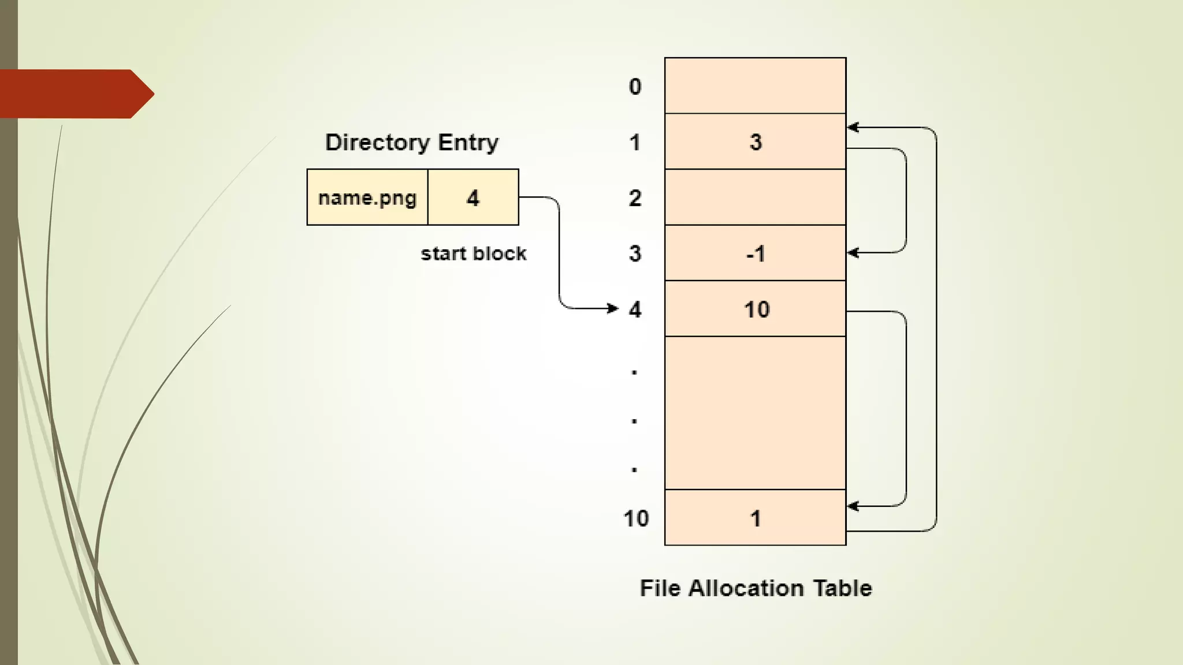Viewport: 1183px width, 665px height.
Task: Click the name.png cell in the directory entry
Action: point(367,197)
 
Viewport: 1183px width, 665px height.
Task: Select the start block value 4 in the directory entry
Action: point(473,197)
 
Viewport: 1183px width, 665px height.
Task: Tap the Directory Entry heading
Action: point(411,142)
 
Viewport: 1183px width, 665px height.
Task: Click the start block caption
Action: point(473,253)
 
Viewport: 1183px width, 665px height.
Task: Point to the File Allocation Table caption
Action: point(756,588)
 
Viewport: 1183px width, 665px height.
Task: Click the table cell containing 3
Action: point(755,141)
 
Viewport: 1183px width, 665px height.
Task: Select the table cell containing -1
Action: point(755,253)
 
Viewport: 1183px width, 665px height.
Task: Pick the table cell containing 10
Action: point(755,309)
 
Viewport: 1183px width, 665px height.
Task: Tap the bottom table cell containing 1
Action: point(755,518)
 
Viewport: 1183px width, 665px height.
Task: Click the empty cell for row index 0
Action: point(755,85)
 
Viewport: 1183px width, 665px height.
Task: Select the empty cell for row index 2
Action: point(755,197)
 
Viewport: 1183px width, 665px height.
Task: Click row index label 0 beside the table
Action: point(635,86)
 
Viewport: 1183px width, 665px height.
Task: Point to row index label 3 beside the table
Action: point(635,253)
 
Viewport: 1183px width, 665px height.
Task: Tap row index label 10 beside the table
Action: point(636,518)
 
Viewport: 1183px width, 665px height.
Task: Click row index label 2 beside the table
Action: point(635,198)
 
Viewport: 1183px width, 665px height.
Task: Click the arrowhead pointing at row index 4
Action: point(613,308)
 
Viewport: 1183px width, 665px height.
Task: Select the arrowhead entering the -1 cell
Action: point(853,253)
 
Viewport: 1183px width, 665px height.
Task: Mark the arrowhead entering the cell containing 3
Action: point(853,128)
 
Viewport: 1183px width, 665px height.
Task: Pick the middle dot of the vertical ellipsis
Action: point(634,421)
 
